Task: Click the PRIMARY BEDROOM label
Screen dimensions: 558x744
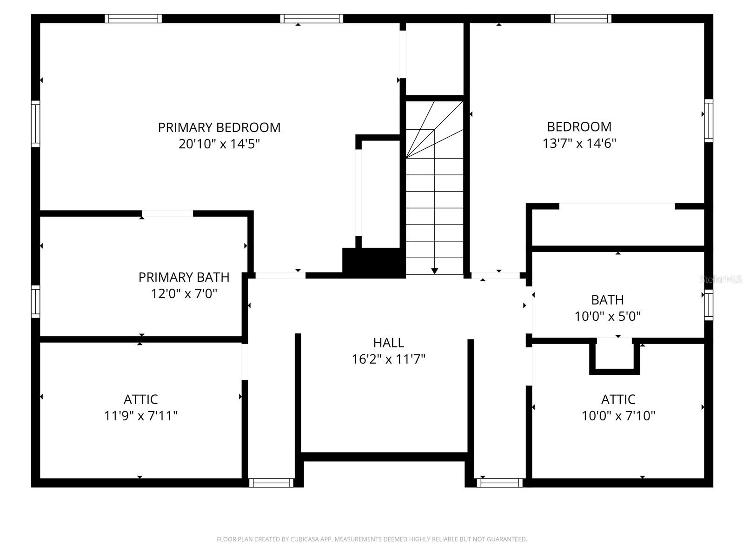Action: click(219, 127)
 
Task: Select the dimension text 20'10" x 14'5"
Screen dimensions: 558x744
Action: click(219, 144)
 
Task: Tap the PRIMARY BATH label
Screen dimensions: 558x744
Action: click(184, 277)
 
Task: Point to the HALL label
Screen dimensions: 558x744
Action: click(388, 343)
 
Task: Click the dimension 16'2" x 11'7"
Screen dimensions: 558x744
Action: click(388, 359)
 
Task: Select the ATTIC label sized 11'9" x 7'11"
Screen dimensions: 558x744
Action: click(140, 399)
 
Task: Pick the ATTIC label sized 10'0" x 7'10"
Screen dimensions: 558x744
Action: click(618, 399)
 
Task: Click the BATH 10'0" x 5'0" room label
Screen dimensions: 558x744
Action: click(607, 300)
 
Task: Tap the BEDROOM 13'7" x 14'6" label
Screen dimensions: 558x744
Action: click(579, 126)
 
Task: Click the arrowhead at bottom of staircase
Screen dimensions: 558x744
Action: click(434, 271)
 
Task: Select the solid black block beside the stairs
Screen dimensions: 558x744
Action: click(373, 262)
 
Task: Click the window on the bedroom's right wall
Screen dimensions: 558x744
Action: click(708, 120)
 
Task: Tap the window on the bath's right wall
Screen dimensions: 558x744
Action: click(708, 305)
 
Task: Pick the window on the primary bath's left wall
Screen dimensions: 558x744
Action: click(35, 302)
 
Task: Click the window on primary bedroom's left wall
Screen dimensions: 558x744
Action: click(35, 124)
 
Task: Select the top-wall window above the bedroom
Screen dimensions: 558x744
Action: click(580, 19)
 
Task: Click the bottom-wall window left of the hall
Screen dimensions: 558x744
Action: click(271, 483)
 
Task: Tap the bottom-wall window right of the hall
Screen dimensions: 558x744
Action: click(499, 483)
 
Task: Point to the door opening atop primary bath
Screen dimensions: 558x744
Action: click(167, 213)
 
